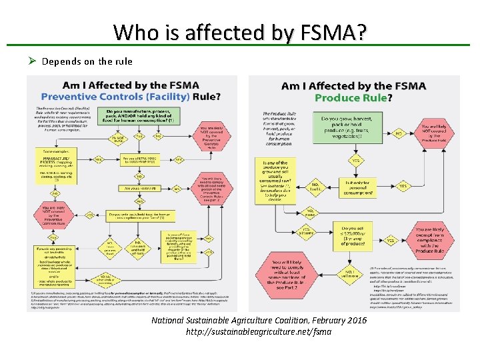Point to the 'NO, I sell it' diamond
click(315, 187)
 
